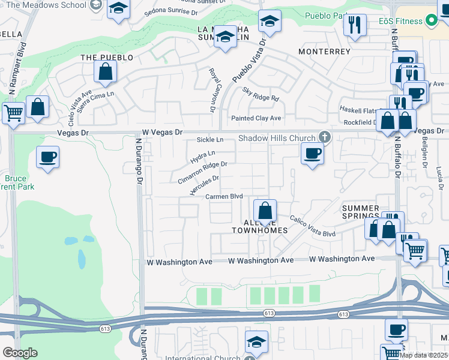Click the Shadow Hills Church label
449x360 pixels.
[x=277, y=138]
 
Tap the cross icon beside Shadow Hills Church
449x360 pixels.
[x=324, y=137]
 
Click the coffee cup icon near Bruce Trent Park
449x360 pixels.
[x=47, y=157]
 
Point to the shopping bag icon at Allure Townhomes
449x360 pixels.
[x=264, y=211]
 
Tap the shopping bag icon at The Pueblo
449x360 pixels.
[x=105, y=72]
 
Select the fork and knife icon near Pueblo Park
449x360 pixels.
[x=355, y=25]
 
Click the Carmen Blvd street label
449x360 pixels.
[x=223, y=196]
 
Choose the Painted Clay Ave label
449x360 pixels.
[x=256, y=118]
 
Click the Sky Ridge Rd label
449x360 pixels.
[x=261, y=94]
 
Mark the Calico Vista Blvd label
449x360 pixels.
[x=313, y=227]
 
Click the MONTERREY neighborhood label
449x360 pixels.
[x=324, y=52]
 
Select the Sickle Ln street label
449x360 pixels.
[x=210, y=140]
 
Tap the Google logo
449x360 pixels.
[x=20, y=353]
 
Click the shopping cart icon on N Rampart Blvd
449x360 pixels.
[x=13, y=112]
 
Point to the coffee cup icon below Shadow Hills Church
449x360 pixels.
[x=312, y=154]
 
